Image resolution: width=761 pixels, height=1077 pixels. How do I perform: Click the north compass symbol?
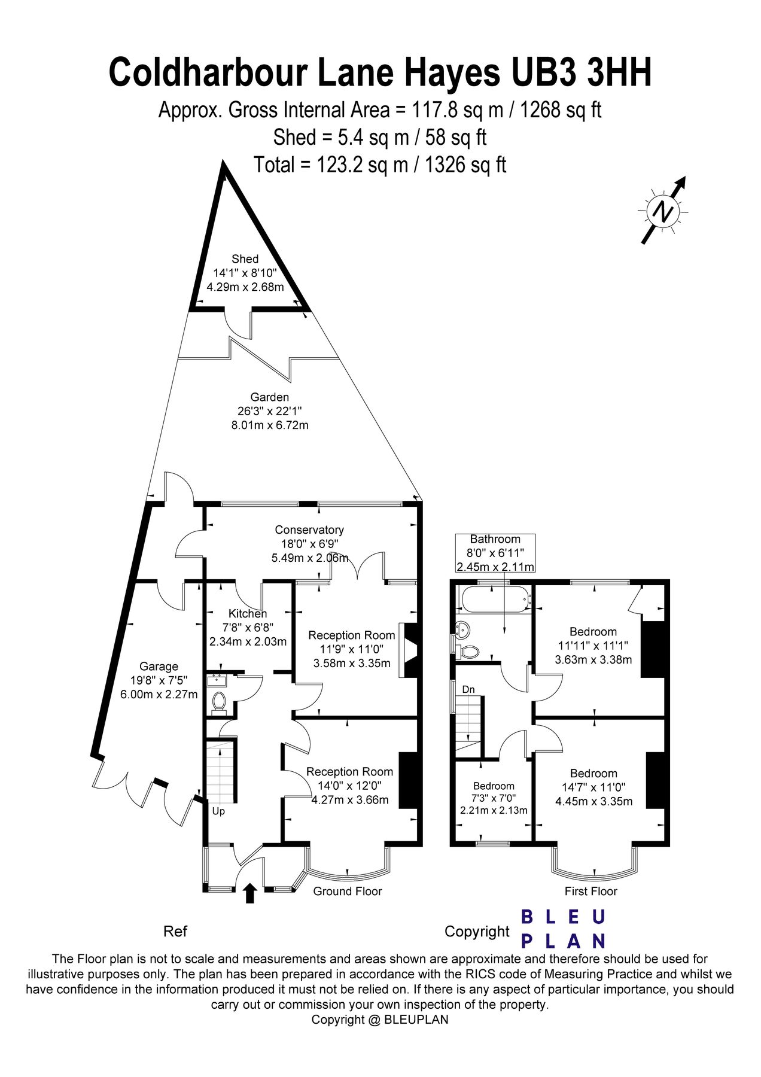pos(663,211)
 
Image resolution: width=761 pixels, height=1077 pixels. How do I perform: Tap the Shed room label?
pos(245,259)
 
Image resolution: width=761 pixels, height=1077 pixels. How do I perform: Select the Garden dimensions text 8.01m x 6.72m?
pos(270,425)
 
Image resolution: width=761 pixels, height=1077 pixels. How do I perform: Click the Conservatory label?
pos(309,530)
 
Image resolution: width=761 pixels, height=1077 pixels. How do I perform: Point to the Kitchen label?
pos(248,614)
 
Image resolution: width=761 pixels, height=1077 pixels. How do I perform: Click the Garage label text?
pos(159,667)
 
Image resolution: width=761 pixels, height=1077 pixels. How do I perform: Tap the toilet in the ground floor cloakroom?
pos(220,701)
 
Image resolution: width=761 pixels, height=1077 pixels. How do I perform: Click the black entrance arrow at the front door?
pos(250,893)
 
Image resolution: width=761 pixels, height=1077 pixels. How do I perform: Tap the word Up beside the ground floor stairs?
pos(218,812)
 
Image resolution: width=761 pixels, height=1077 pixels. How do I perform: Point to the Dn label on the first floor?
pos(468,690)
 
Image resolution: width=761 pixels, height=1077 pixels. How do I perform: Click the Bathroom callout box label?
pos(495,539)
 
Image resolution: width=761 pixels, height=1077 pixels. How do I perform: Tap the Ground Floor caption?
pos(347,892)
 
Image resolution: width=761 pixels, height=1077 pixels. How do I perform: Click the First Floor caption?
pos(590,892)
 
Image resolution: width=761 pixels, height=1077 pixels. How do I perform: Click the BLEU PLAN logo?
pos(563,929)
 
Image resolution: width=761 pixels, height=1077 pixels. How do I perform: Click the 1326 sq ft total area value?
pos(465,165)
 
